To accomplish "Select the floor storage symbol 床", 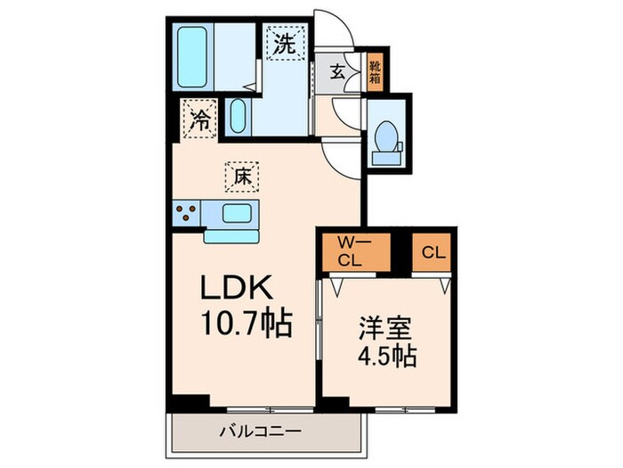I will click(x=241, y=177).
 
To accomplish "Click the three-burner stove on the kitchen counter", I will click(x=186, y=213).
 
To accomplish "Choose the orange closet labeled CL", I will click(x=433, y=250).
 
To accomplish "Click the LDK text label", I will click(x=242, y=290).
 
